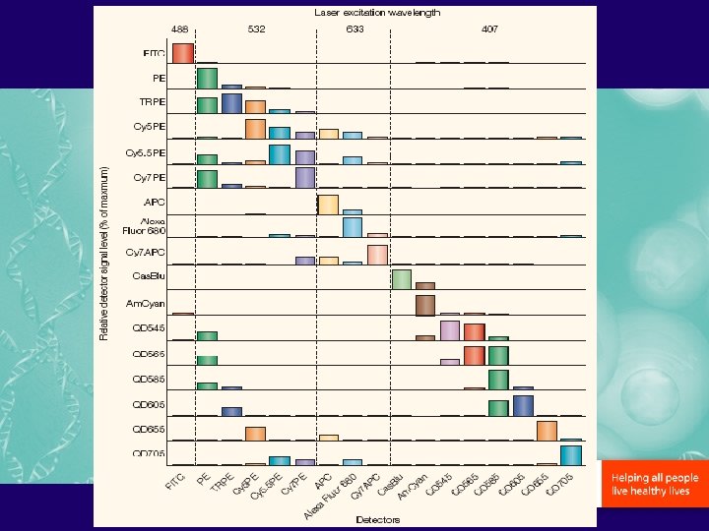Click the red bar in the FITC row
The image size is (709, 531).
coord(182,53)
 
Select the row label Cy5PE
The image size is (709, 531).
coord(150,127)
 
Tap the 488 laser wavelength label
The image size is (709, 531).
coord(181,29)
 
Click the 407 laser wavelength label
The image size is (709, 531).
coord(489,29)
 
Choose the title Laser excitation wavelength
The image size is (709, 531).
coord(377,13)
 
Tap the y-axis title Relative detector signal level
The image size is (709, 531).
coord(106,253)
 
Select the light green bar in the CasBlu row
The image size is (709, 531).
coord(401,279)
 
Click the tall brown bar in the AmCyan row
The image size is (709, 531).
coord(425,305)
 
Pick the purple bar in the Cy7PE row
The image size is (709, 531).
coord(304,177)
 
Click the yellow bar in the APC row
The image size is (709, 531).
coord(328,204)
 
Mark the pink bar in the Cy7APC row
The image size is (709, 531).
coord(377,255)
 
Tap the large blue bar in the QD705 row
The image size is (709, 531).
coord(571,454)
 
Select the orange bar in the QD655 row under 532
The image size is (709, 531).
coord(255,434)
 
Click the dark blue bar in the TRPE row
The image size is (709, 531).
coord(231,103)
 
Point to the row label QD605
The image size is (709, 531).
coord(150,403)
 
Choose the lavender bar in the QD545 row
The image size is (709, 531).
coord(450,330)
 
